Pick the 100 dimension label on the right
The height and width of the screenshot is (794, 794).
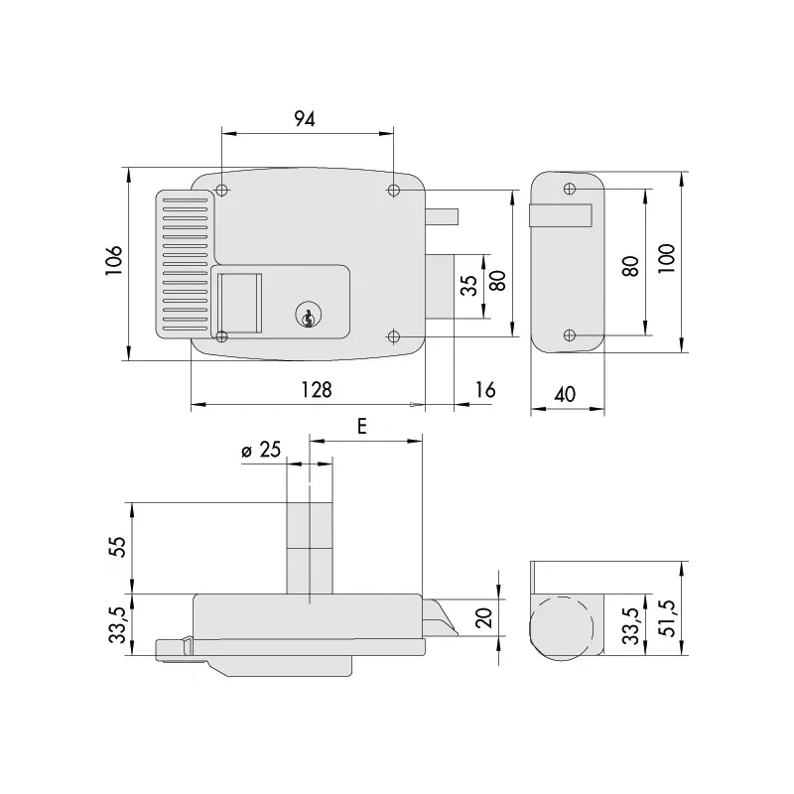tap(665, 259)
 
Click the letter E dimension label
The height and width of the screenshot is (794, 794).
tap(362, 426)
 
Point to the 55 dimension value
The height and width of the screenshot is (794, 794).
tap(115, 547)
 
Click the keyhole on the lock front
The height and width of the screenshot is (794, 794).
tap(309, 317)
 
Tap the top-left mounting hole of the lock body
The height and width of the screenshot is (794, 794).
tap(222, 190)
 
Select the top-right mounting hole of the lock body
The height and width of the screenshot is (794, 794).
tap(394, 190)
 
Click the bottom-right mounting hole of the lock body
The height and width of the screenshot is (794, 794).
tap(394, 335)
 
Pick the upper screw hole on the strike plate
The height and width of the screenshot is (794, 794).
tap(569, 189)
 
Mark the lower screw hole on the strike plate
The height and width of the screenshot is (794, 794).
tap(569, 335)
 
